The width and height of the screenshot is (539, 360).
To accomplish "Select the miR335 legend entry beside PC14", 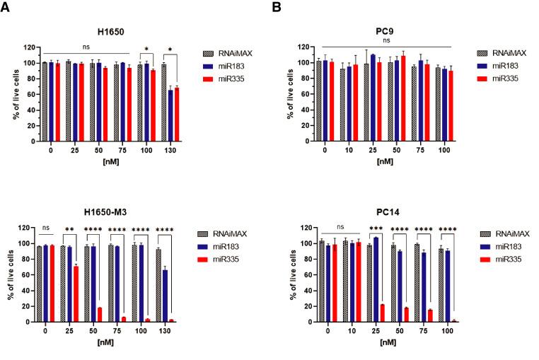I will pyautogui.click(x=507, y=260).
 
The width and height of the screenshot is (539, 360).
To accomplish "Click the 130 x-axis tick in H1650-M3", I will pyautogui.click(x=166, y=330).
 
